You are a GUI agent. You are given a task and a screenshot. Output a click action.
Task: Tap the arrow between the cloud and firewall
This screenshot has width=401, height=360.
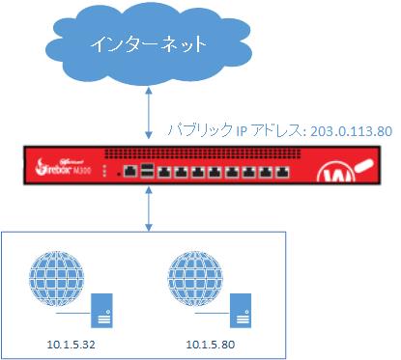pyautogui.click(x=147, y=111)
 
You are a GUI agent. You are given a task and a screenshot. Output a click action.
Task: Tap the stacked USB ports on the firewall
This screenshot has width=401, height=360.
pyautogui.click(x=146, y=172)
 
